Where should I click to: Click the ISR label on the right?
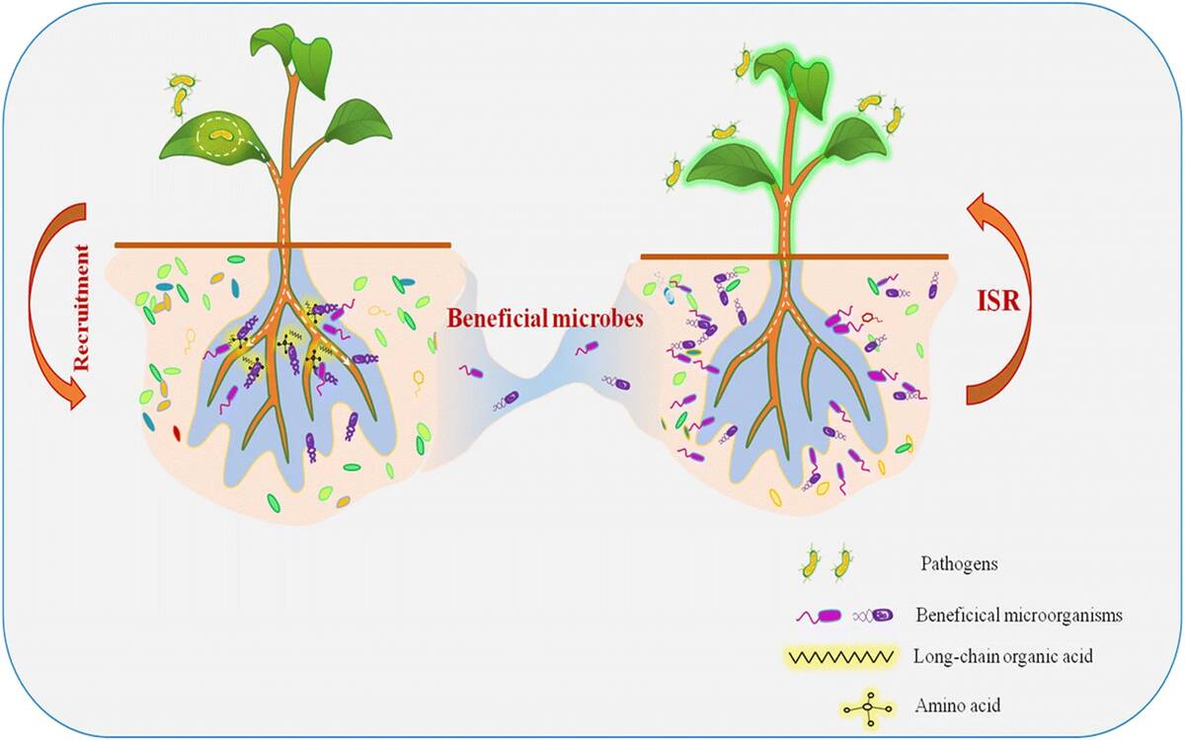point(996,302)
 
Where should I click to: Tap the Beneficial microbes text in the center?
point(545,319)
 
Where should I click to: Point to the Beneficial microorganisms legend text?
point(1019,615)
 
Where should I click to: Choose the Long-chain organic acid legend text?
point(1003,656)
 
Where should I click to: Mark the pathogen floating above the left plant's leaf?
point(179,92)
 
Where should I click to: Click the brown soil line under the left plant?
point(282,244)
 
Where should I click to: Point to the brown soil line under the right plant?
point(794,257)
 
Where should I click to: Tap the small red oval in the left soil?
point(177,432)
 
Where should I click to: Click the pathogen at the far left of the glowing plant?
point(675,172)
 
